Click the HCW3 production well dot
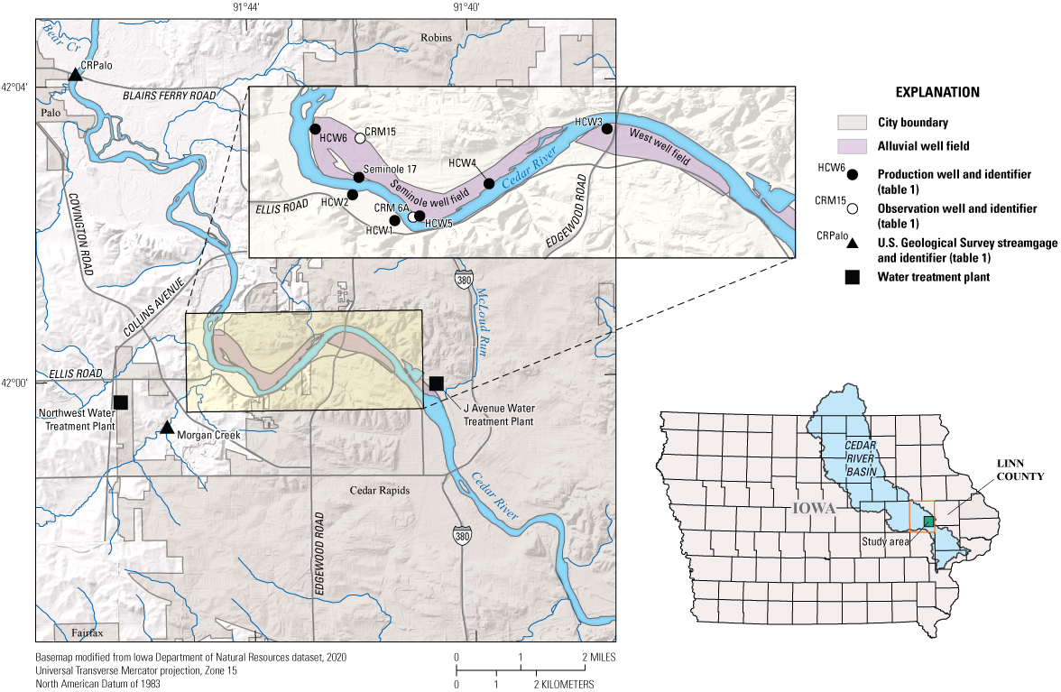click(x=607, y=128)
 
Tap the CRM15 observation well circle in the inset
click(x=360, y=138)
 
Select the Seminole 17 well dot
click(x=358, y=177)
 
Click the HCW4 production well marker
click(x=489, y=183)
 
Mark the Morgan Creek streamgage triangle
click(x=166, y=427)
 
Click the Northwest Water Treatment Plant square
click(x=120, y=401)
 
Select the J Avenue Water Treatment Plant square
click(x=436, y=383)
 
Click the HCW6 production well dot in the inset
click(x=315, y=129)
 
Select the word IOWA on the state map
click(x=814, y=508)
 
